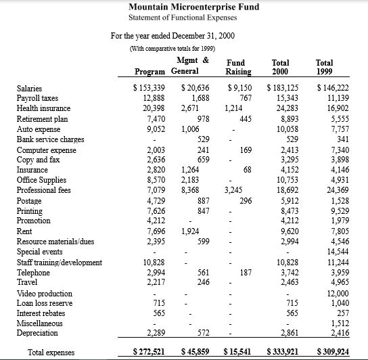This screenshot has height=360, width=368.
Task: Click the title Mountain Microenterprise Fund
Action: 193,7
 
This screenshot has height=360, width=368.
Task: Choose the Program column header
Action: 151,71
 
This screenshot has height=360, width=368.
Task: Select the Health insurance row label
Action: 43,108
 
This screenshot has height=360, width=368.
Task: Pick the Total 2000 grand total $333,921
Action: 283,352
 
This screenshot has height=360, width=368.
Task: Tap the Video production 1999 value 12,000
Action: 336,294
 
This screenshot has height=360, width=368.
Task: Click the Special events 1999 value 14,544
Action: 336,252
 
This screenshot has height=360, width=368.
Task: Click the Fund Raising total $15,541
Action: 236,352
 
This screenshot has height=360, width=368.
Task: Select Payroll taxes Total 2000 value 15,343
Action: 285,98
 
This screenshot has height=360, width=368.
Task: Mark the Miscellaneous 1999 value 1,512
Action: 338,323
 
